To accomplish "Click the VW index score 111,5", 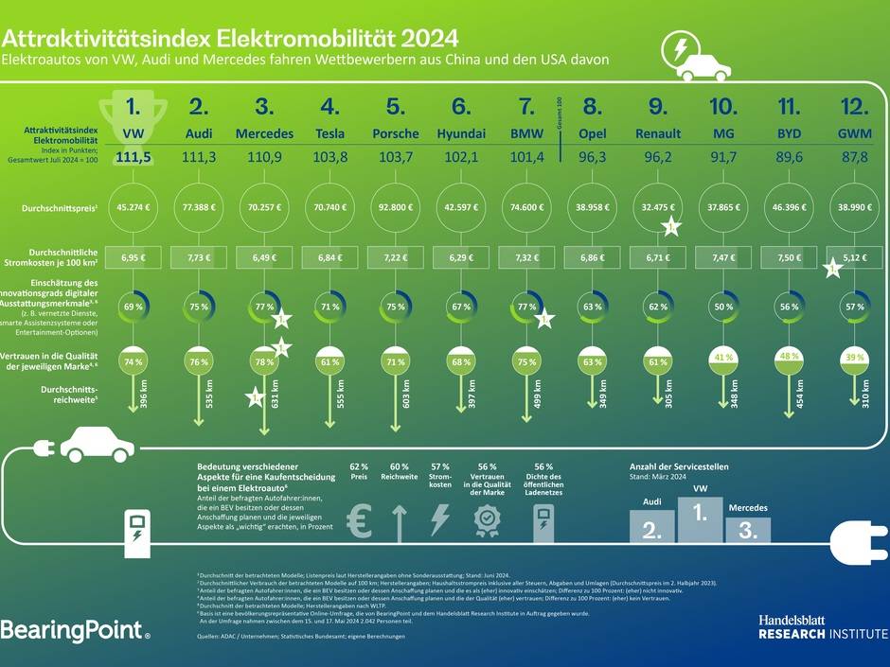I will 133,157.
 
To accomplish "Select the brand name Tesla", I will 329,133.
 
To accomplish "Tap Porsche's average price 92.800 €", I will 396,207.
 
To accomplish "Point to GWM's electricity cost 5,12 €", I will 855,256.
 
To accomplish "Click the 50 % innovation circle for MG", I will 723,307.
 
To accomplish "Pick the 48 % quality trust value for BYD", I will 789,358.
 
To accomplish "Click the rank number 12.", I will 855,106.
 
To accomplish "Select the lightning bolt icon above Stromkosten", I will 439,521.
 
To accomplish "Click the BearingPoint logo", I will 75,629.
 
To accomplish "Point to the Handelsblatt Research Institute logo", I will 822,626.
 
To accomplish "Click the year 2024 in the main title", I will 429,39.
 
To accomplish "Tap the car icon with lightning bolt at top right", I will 696,59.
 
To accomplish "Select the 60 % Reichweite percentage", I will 400,467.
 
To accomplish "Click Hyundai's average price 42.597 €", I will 461,207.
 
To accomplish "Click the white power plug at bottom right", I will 858,543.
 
